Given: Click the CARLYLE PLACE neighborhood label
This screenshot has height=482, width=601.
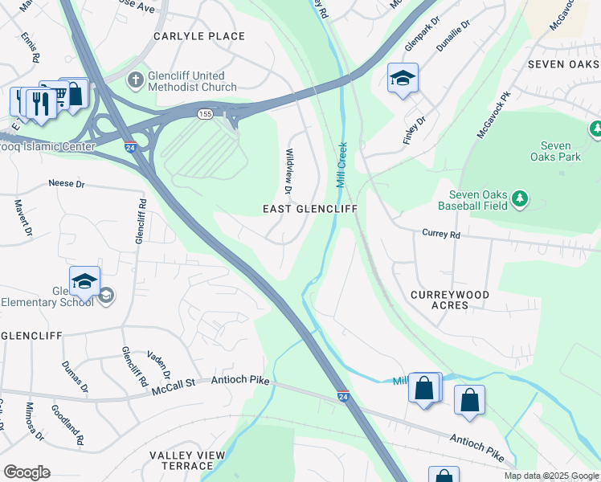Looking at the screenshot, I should coord(200,36).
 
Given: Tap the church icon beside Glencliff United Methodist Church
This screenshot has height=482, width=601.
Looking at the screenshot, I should coord(136,79).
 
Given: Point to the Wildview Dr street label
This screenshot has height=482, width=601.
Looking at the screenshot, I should coord(288,170).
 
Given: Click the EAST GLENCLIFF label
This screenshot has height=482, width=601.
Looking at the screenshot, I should coord(310,209).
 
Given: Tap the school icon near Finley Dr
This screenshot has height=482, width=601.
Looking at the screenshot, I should coord(403,78).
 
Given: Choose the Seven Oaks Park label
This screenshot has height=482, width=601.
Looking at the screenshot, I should coord(560,151).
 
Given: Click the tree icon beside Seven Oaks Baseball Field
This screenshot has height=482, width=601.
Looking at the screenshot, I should coord(520,198).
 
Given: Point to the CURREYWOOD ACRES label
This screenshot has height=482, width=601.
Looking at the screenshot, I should coord(450,301).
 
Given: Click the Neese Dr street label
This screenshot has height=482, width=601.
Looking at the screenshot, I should coord(66,184).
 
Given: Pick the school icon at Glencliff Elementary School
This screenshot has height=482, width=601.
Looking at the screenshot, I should coord(84,281).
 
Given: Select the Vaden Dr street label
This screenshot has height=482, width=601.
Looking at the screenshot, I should coord(158,365).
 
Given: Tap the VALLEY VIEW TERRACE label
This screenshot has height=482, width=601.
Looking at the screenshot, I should coord(187,461).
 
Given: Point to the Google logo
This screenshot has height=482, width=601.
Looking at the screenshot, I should coord(27,472).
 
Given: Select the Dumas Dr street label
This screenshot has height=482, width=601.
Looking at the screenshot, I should coord(76,377).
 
